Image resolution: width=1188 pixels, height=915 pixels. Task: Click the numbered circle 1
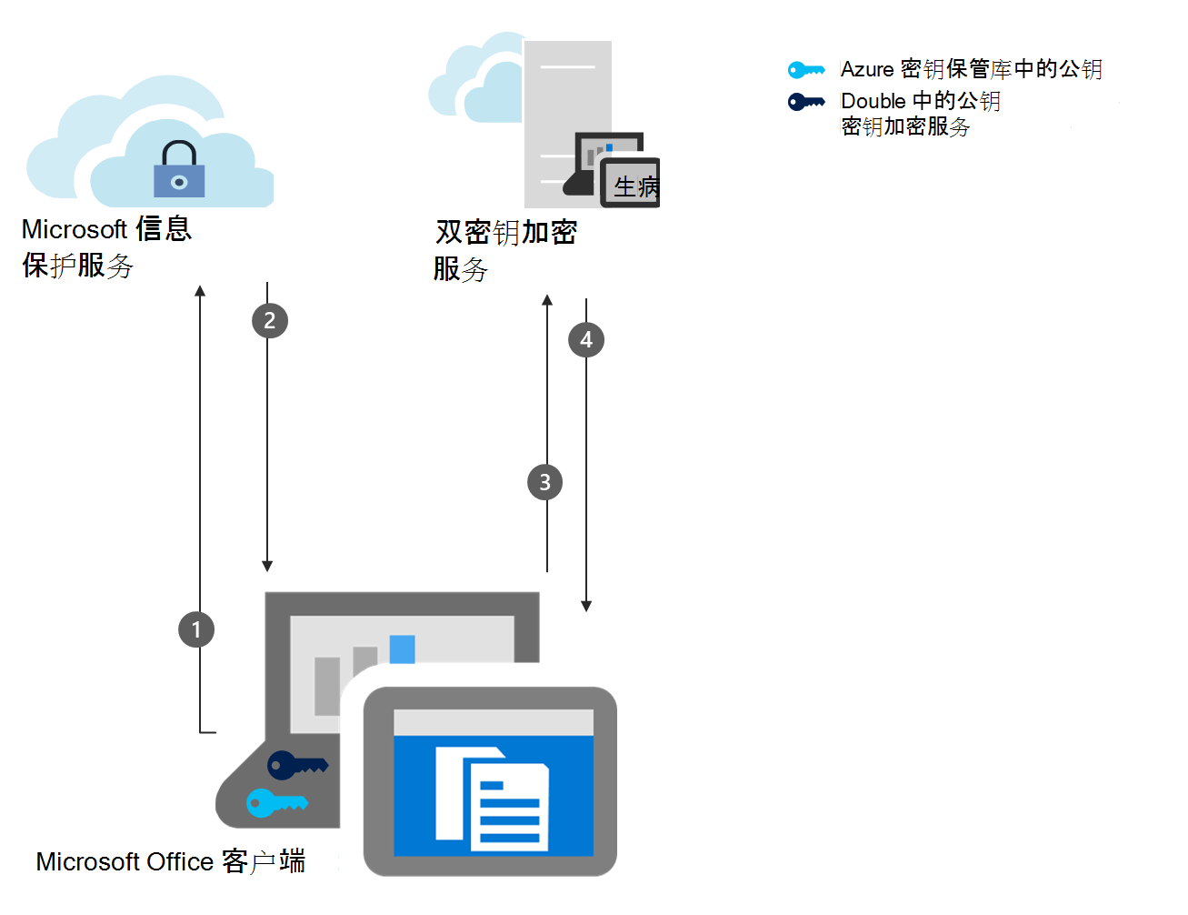196,629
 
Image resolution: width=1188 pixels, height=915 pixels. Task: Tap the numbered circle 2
269,320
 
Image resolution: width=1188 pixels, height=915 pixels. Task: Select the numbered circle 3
544,482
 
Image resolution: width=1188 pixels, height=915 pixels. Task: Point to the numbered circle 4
586,340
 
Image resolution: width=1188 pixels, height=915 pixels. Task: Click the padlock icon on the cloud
179,170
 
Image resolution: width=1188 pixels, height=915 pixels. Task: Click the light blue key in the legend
806,70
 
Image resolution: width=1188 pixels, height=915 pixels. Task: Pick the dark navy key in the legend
806,102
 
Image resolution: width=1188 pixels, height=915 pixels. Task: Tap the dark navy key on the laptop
296,765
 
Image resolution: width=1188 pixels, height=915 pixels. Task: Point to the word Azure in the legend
867,70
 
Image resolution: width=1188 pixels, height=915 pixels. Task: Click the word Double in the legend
873,101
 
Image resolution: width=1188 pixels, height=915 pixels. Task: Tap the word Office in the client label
180,861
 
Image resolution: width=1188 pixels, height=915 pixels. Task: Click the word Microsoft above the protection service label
74,229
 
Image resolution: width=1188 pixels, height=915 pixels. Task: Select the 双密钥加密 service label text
505,233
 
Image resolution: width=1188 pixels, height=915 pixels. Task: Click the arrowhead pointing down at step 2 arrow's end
267,566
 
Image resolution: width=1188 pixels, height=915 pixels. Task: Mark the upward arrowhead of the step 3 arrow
547,299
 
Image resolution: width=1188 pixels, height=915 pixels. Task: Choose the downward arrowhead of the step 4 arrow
586,606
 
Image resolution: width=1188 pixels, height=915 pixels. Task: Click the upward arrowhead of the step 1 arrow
200,291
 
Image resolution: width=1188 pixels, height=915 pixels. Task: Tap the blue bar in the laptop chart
402,649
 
